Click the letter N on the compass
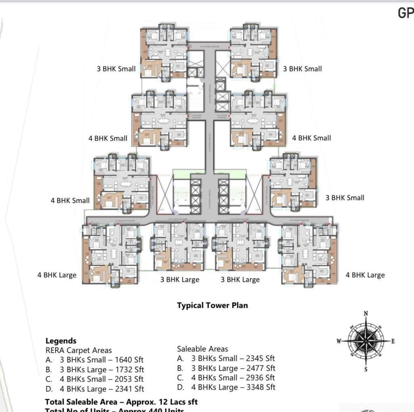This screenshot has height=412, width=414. [366, 313]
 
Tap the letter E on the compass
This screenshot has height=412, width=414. [392, 341]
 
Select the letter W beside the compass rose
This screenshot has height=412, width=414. [339, 341]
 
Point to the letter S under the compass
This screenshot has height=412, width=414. [366, 369]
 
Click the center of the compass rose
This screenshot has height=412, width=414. [366, 341]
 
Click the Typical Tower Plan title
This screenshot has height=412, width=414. [212, 306]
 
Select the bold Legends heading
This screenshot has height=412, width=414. [61, 341]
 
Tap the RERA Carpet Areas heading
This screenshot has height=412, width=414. [78, 350]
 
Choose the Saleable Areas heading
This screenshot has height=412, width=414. [203, 349]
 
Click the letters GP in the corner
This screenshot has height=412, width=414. [406, 13]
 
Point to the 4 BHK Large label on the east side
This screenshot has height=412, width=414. [365, 275]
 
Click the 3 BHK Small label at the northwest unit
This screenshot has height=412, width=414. [116, 69]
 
